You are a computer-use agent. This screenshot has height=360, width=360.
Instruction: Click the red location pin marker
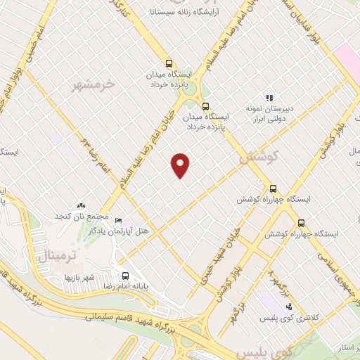[x=181, y=165]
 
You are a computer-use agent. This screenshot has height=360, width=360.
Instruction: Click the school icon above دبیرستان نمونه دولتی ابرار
[x=269, y=98]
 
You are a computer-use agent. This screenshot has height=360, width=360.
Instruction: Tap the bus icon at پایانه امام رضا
[x=125, y=275]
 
